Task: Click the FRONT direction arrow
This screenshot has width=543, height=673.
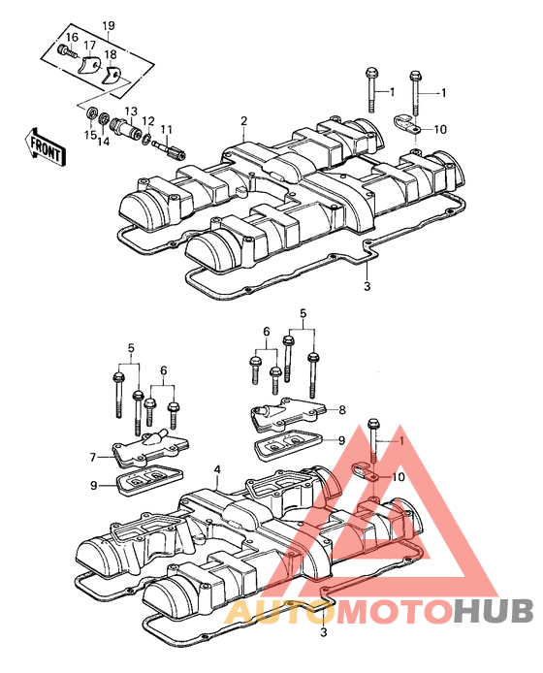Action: point(45,146)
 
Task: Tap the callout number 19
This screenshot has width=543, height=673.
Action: point(109,25)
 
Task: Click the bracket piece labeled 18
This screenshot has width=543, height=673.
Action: point(112,76)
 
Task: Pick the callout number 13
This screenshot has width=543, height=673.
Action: point(131,112)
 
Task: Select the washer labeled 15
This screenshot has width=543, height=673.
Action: point(91,114)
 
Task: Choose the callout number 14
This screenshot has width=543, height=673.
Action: point(103,141)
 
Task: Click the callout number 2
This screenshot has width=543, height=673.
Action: point(243,121)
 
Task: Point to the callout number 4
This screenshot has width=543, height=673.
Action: point(217,470)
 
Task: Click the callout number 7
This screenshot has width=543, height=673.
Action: point(93,458)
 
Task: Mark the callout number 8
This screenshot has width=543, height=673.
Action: point(341,410)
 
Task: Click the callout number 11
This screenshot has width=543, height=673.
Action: point(166,129)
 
